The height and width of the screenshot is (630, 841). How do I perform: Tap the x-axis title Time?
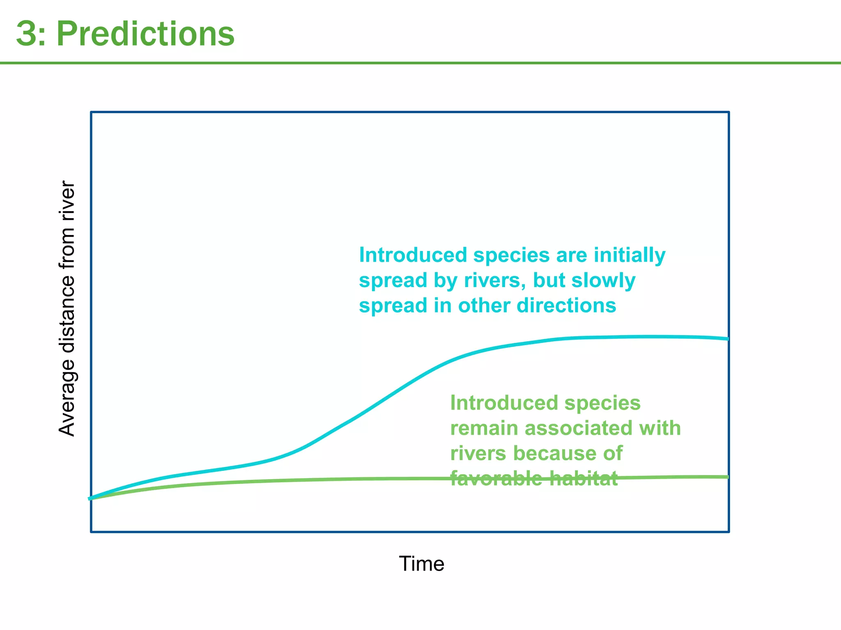tap(421, 564)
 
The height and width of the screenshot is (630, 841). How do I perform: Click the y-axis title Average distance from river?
tap(67, 308)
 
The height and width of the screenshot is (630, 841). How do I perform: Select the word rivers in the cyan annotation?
tap(495, 281)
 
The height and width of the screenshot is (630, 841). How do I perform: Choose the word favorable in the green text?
tap(496, 479)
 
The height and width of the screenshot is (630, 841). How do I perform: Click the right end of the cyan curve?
tap(727, 339)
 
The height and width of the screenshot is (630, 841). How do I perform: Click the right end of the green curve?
tap(727, 477)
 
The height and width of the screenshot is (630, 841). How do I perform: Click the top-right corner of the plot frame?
tap(729, 112)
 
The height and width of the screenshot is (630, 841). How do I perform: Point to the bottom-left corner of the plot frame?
tap(91, 532)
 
